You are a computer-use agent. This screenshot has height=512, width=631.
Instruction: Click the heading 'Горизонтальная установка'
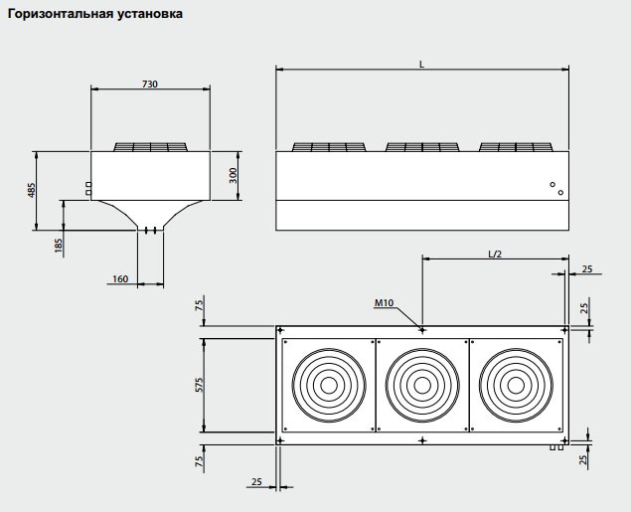95,16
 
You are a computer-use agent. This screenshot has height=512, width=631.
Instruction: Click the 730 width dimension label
149,84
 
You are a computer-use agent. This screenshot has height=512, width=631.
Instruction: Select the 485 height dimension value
31,190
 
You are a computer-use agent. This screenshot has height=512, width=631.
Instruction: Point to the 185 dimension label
59,246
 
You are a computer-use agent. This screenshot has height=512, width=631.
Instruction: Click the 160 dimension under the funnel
120,279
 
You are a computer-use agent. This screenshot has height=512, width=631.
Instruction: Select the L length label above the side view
421,64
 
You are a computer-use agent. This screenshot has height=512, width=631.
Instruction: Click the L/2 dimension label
495,253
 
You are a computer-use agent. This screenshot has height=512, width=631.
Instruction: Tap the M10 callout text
386,302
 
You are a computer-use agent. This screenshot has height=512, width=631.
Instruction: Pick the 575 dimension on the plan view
200,384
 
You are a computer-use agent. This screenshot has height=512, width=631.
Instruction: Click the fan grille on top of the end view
150,146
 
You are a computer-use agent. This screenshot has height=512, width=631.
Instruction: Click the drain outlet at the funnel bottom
150,231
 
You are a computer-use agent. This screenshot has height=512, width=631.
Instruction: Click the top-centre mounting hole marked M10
422,328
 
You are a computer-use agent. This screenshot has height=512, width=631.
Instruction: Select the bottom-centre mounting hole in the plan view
422,440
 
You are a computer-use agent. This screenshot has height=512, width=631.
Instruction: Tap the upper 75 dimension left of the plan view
200,305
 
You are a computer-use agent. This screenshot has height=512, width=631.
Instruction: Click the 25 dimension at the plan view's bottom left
256,481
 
